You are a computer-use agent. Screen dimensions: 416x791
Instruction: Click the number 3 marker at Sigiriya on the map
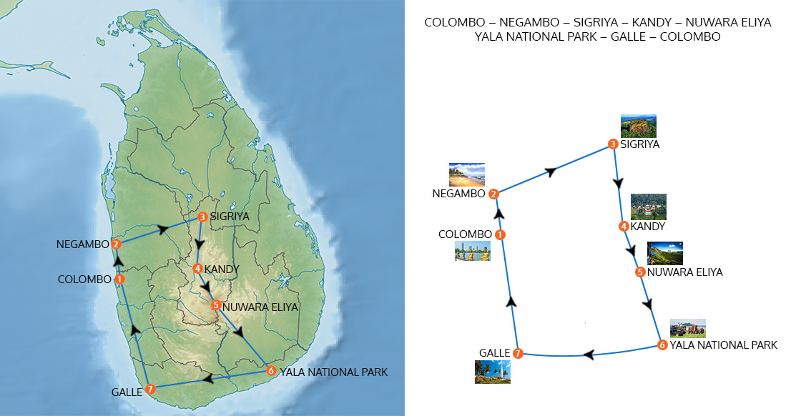tap(202, 217)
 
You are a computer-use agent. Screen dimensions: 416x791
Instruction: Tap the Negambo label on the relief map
tap(82, 244)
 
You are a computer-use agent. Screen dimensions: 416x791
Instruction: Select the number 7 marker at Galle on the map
tap(149, 390)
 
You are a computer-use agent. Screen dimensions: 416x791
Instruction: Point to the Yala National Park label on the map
tap(333, 372)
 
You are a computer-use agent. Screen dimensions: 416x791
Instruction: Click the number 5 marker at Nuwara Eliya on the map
tap(215, 305)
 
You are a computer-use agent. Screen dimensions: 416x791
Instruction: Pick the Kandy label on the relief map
tap(220, 269)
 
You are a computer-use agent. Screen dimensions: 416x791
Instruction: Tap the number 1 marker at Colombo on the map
tap(119, 279)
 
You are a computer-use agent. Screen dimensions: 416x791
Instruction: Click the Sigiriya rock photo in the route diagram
tap(638, 127)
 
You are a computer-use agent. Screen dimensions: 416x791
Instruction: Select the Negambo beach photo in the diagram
tap(466, 174)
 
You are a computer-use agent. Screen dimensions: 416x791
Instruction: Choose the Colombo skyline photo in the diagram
tap(472, 251)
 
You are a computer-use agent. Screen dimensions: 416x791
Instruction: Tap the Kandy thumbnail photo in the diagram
tap(648, 207)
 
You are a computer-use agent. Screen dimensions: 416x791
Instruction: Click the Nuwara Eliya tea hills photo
tap(664, 253)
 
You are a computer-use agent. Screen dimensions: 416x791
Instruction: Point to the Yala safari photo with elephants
tap(687, 328)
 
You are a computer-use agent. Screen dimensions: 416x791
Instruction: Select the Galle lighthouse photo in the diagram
tap(492, 372)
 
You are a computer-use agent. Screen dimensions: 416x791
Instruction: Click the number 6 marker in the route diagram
tap(662, 346)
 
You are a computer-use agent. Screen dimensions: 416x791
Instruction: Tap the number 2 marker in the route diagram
tap(493, 193)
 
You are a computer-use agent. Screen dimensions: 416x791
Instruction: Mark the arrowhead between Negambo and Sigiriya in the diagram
tap(551, 172)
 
